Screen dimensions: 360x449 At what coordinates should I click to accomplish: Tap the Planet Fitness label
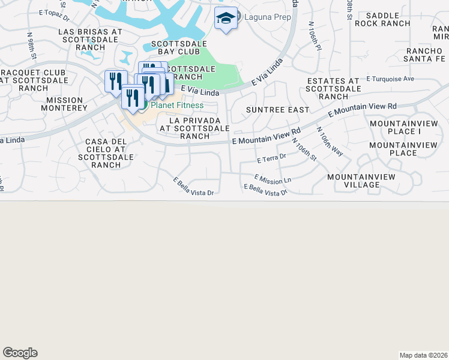pos(176,106)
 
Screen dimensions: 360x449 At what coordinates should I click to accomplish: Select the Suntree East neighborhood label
pos(277,110)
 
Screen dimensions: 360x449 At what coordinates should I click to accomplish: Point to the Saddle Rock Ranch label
pos(382,19)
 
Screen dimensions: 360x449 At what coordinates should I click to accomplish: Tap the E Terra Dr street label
pos(271,160)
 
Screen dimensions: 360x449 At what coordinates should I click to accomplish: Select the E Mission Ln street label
pos(273,179)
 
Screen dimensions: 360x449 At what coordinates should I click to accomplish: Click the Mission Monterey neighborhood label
pos(67,104)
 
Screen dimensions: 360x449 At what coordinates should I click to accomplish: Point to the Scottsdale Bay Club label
pos(179,47)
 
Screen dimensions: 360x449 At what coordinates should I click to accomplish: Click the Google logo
pos(20,353)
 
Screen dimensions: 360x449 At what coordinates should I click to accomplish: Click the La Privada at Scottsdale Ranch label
pos(193,128)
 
